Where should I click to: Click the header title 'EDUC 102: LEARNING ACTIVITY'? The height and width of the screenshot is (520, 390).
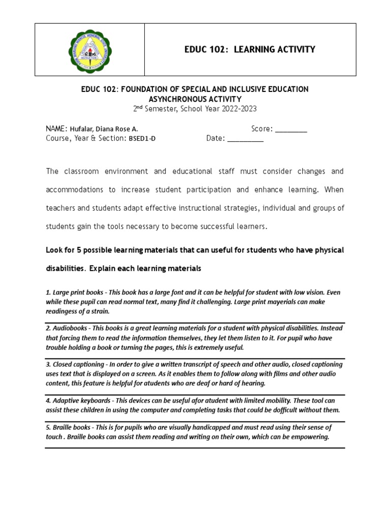click(249, 49)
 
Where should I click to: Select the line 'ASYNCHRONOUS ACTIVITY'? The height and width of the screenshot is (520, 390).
click(194, 99)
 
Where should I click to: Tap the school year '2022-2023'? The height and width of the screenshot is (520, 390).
click(239, 109)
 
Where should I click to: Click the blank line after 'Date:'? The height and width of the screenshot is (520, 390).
click(245, 139)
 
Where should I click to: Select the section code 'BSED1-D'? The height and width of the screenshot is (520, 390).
click(142, 139)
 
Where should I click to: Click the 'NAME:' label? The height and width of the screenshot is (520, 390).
click(57, 129)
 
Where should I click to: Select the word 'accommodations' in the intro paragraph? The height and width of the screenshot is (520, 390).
click(74, 190)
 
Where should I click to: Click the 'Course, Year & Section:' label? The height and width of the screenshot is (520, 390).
click(85, 139)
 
